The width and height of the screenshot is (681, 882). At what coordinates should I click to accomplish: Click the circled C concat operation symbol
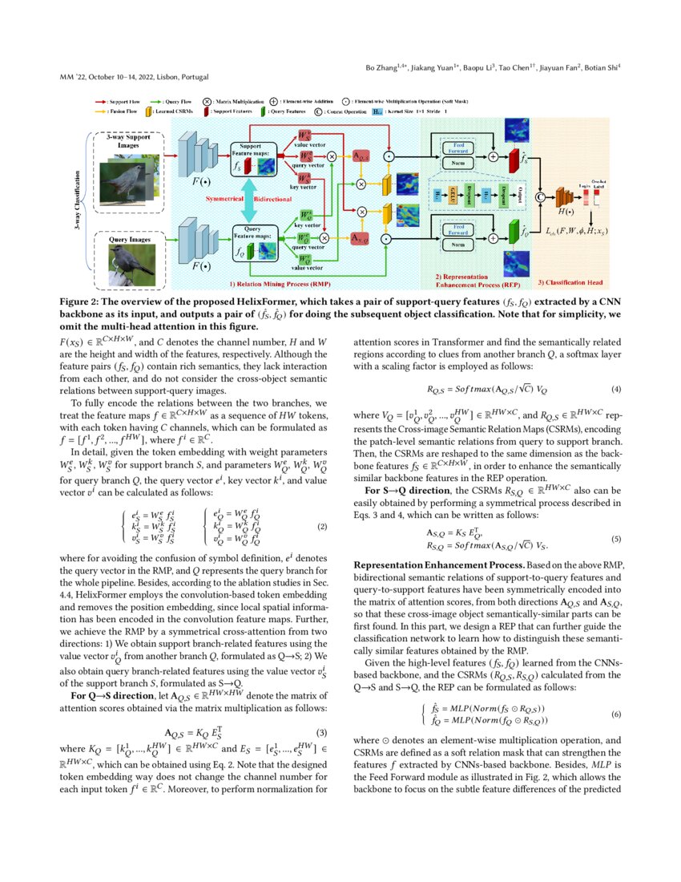tap(538, 194)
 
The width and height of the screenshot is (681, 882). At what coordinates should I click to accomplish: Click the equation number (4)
tap(616, 389)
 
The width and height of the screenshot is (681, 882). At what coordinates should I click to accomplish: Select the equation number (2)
tap(322, 527)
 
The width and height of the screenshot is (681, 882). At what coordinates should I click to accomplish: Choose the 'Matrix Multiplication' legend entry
tap(239, 103)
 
